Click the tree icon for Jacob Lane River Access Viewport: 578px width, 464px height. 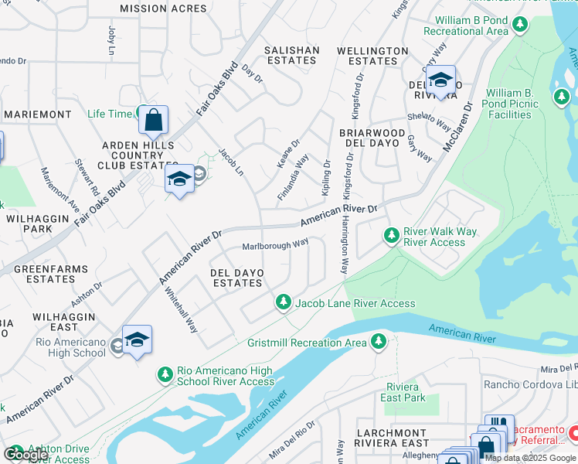pyautogui.click(x=284, y=302)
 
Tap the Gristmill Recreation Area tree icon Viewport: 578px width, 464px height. pyautogui.click(x=378, y=340)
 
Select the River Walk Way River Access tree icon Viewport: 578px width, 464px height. pyautogui.click(x=392, y=234)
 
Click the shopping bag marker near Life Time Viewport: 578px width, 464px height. pyautogui.click(x=154, y=120)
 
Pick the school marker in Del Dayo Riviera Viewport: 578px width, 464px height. pyautogui.click(x=441, y=80)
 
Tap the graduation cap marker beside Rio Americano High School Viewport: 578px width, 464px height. pyautogui.click(x=137, y=340)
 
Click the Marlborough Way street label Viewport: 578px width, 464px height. pyautogui.click(x=274, y=244)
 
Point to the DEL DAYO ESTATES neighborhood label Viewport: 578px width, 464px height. pyautogui.click(x=237, y=278)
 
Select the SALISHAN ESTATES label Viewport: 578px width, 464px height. pyautogui.click(x=291, y=56)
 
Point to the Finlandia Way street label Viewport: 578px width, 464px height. pyautogui.click(x=293, y=179)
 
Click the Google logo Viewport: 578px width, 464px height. pyautogui.click(x=25, y=455)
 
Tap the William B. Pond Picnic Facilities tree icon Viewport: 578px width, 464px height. pyautogui.click(x=561, y=97)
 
